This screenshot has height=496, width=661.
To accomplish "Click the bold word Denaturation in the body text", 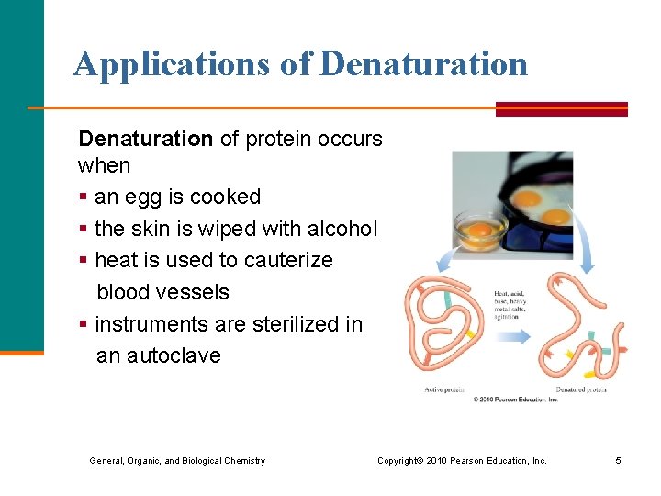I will (x=145, y=139).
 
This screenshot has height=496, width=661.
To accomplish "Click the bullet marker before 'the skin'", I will (x=84, y=229).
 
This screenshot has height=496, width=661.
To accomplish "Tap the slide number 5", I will (x=619, y=460).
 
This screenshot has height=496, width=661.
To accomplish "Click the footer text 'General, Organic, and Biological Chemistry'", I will (x=177, y=460).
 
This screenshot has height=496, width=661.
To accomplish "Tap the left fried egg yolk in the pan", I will (x=526, y=197).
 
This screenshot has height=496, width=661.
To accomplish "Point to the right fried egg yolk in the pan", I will (x=555, y=217).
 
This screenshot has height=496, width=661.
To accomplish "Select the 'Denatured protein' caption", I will (x=580, y=389).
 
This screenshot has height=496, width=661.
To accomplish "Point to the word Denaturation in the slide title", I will (x=425, y=63).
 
